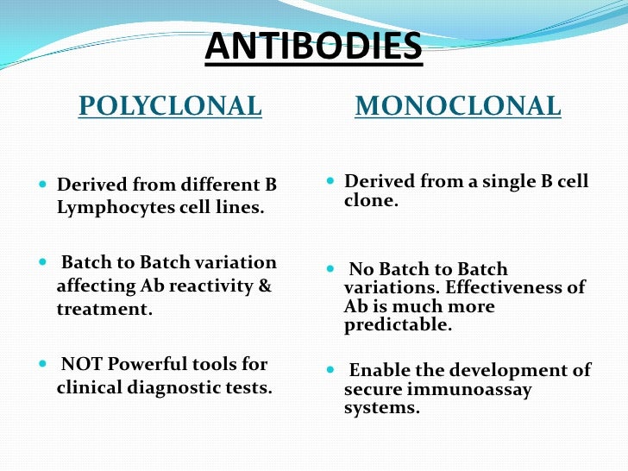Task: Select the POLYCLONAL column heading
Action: coord(170,106)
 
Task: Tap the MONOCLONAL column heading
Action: coord(458,106)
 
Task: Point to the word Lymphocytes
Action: coord(110,208)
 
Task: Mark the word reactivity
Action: coord(211,286)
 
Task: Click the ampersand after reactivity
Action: coord(265,286)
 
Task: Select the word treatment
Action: coord(104,309)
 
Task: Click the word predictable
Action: coord(398,325)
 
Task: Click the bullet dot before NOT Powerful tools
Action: coord(44,364)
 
